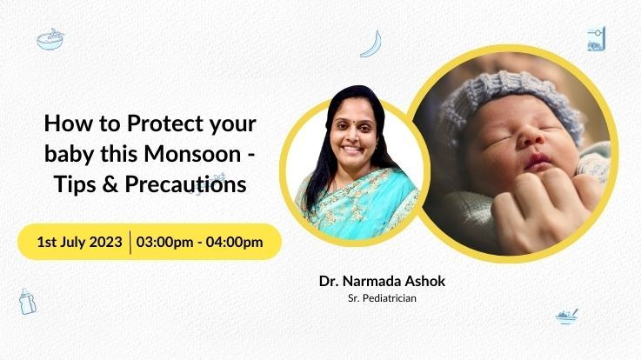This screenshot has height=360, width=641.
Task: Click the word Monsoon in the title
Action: pyautogui.click(x=192, y=154)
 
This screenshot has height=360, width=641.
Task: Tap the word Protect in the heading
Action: pyautogui.click(x=164, y=123)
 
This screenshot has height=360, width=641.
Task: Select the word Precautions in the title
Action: pyautogui.click(x=185, y=183)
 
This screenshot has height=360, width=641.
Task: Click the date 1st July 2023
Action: pyautogui.click(x=80, y=242)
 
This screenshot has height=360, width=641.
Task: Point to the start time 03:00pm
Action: pyautogui.click(x=164, y=242)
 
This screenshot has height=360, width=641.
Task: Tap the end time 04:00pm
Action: pyautogui.click(x=234, y=242)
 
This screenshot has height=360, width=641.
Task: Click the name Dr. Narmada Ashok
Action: pyautogui.click(x=382, y=281)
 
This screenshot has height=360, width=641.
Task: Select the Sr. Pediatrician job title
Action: pyautogui.click(x=382, y=298)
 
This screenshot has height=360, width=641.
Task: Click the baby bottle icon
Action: pyautogui.click(x=27, y=301)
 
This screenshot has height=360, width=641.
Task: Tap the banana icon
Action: pyautogui.click(x=371, y=44)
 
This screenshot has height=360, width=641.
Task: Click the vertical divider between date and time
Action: pyautogui.click(x=130, y=243)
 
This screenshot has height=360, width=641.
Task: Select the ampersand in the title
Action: pyautogui.click(x=110, y=184)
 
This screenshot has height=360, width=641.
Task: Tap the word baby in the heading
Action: pyautogui.click(x=69, y=155)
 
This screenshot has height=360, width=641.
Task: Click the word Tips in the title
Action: pyautogui.click(x=75, y=184)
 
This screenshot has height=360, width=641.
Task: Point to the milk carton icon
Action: pyautogui.click(x=596, y=39)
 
